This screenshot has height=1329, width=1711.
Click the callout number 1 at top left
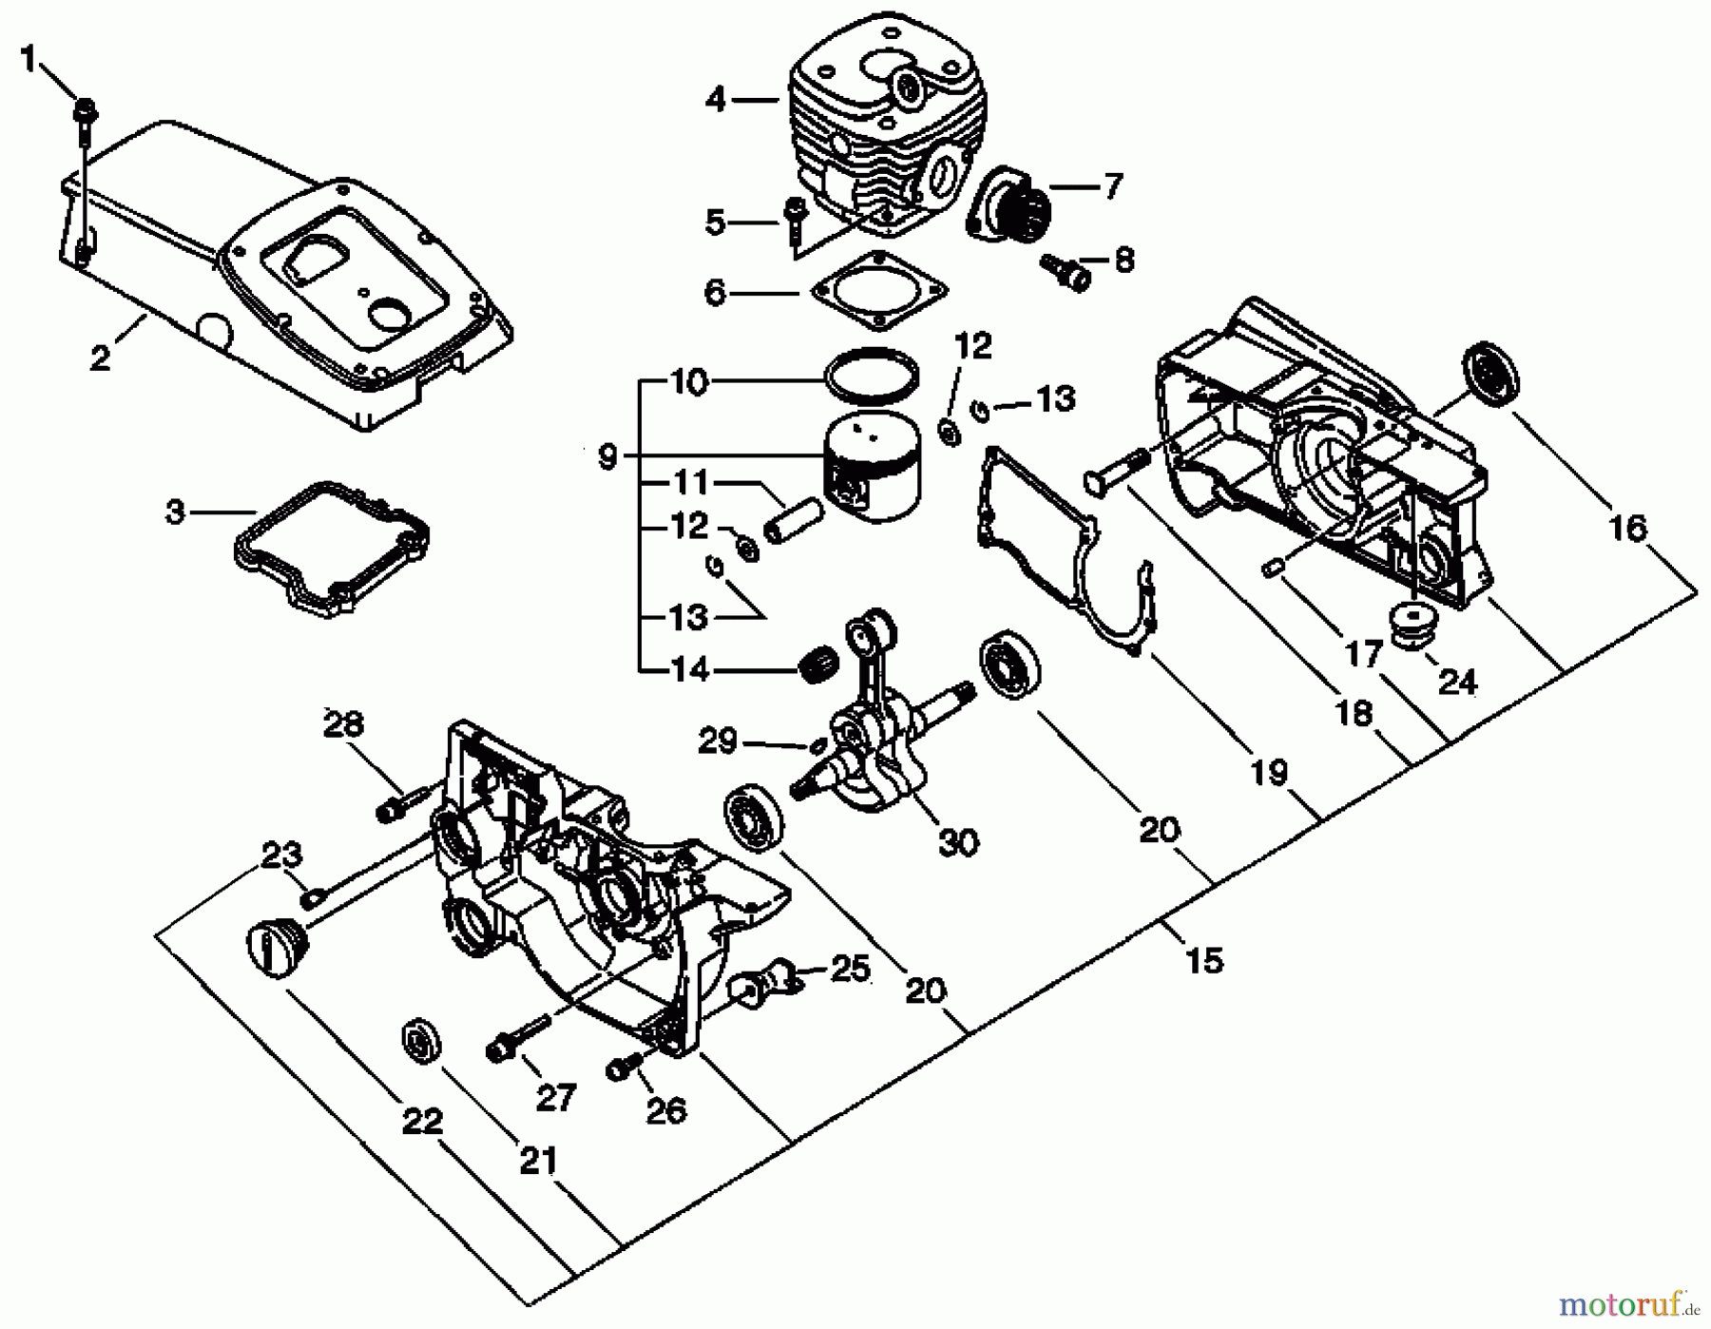[x=28, y=60]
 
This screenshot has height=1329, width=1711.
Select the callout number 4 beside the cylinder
[x=716, y=98]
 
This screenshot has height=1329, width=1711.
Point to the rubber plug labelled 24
[x=1415, y=626]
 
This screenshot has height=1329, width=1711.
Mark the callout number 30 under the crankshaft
[x=957, y=841]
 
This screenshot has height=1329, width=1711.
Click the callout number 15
[x=1203, y=960]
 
